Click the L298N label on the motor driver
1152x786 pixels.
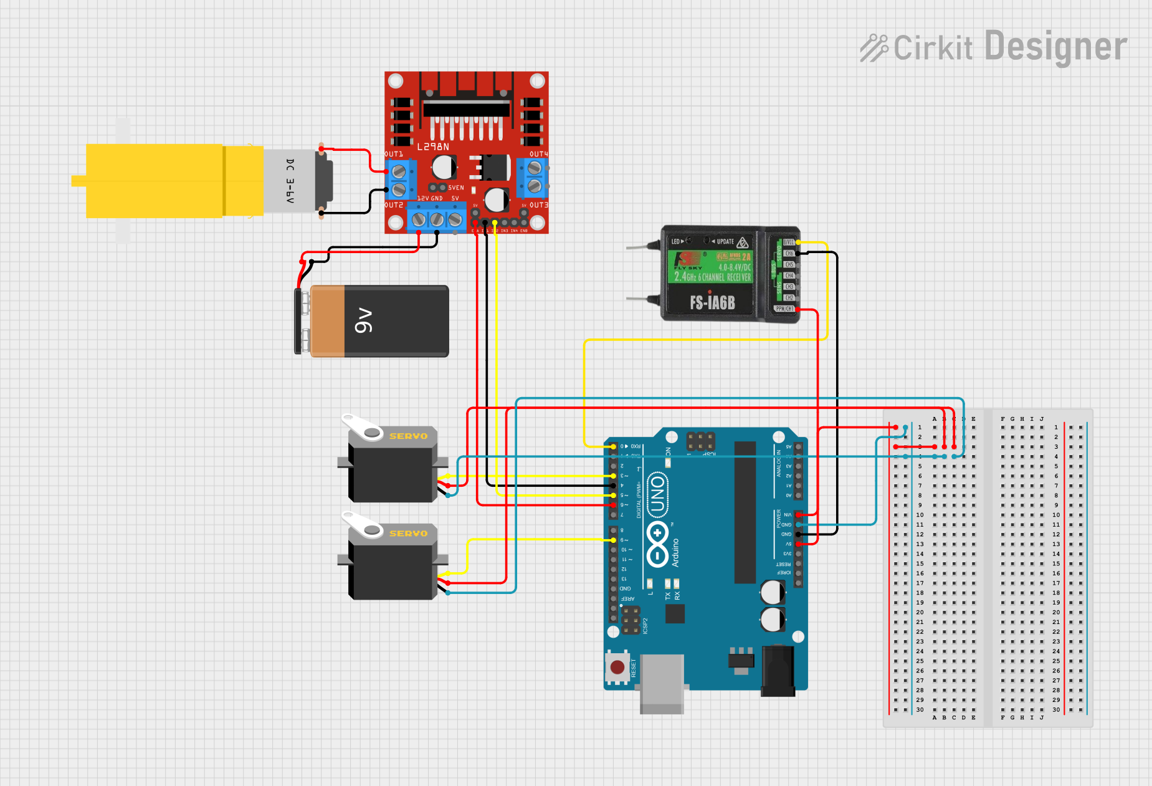(433, 147)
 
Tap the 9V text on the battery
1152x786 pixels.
(363, 320)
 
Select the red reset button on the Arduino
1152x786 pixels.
(617, 668)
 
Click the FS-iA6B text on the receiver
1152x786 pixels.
(712, 303)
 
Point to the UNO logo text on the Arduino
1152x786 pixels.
(658, 495)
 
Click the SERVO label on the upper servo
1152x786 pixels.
(408, 436)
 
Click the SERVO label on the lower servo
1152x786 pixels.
(408, 534)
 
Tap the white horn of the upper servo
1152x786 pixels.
(362, 428)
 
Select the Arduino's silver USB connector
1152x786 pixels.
(662, 683)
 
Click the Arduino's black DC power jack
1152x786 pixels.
(778, 670)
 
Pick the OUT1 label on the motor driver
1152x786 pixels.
(394, 154)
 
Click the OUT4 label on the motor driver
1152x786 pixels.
(539, 154)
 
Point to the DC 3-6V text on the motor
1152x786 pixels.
(290, 181)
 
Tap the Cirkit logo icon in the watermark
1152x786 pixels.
(874, 48)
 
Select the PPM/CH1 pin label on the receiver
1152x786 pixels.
(784, 309)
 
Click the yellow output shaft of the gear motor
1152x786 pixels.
(79, 181)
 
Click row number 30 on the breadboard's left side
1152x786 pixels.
(920, 709)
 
